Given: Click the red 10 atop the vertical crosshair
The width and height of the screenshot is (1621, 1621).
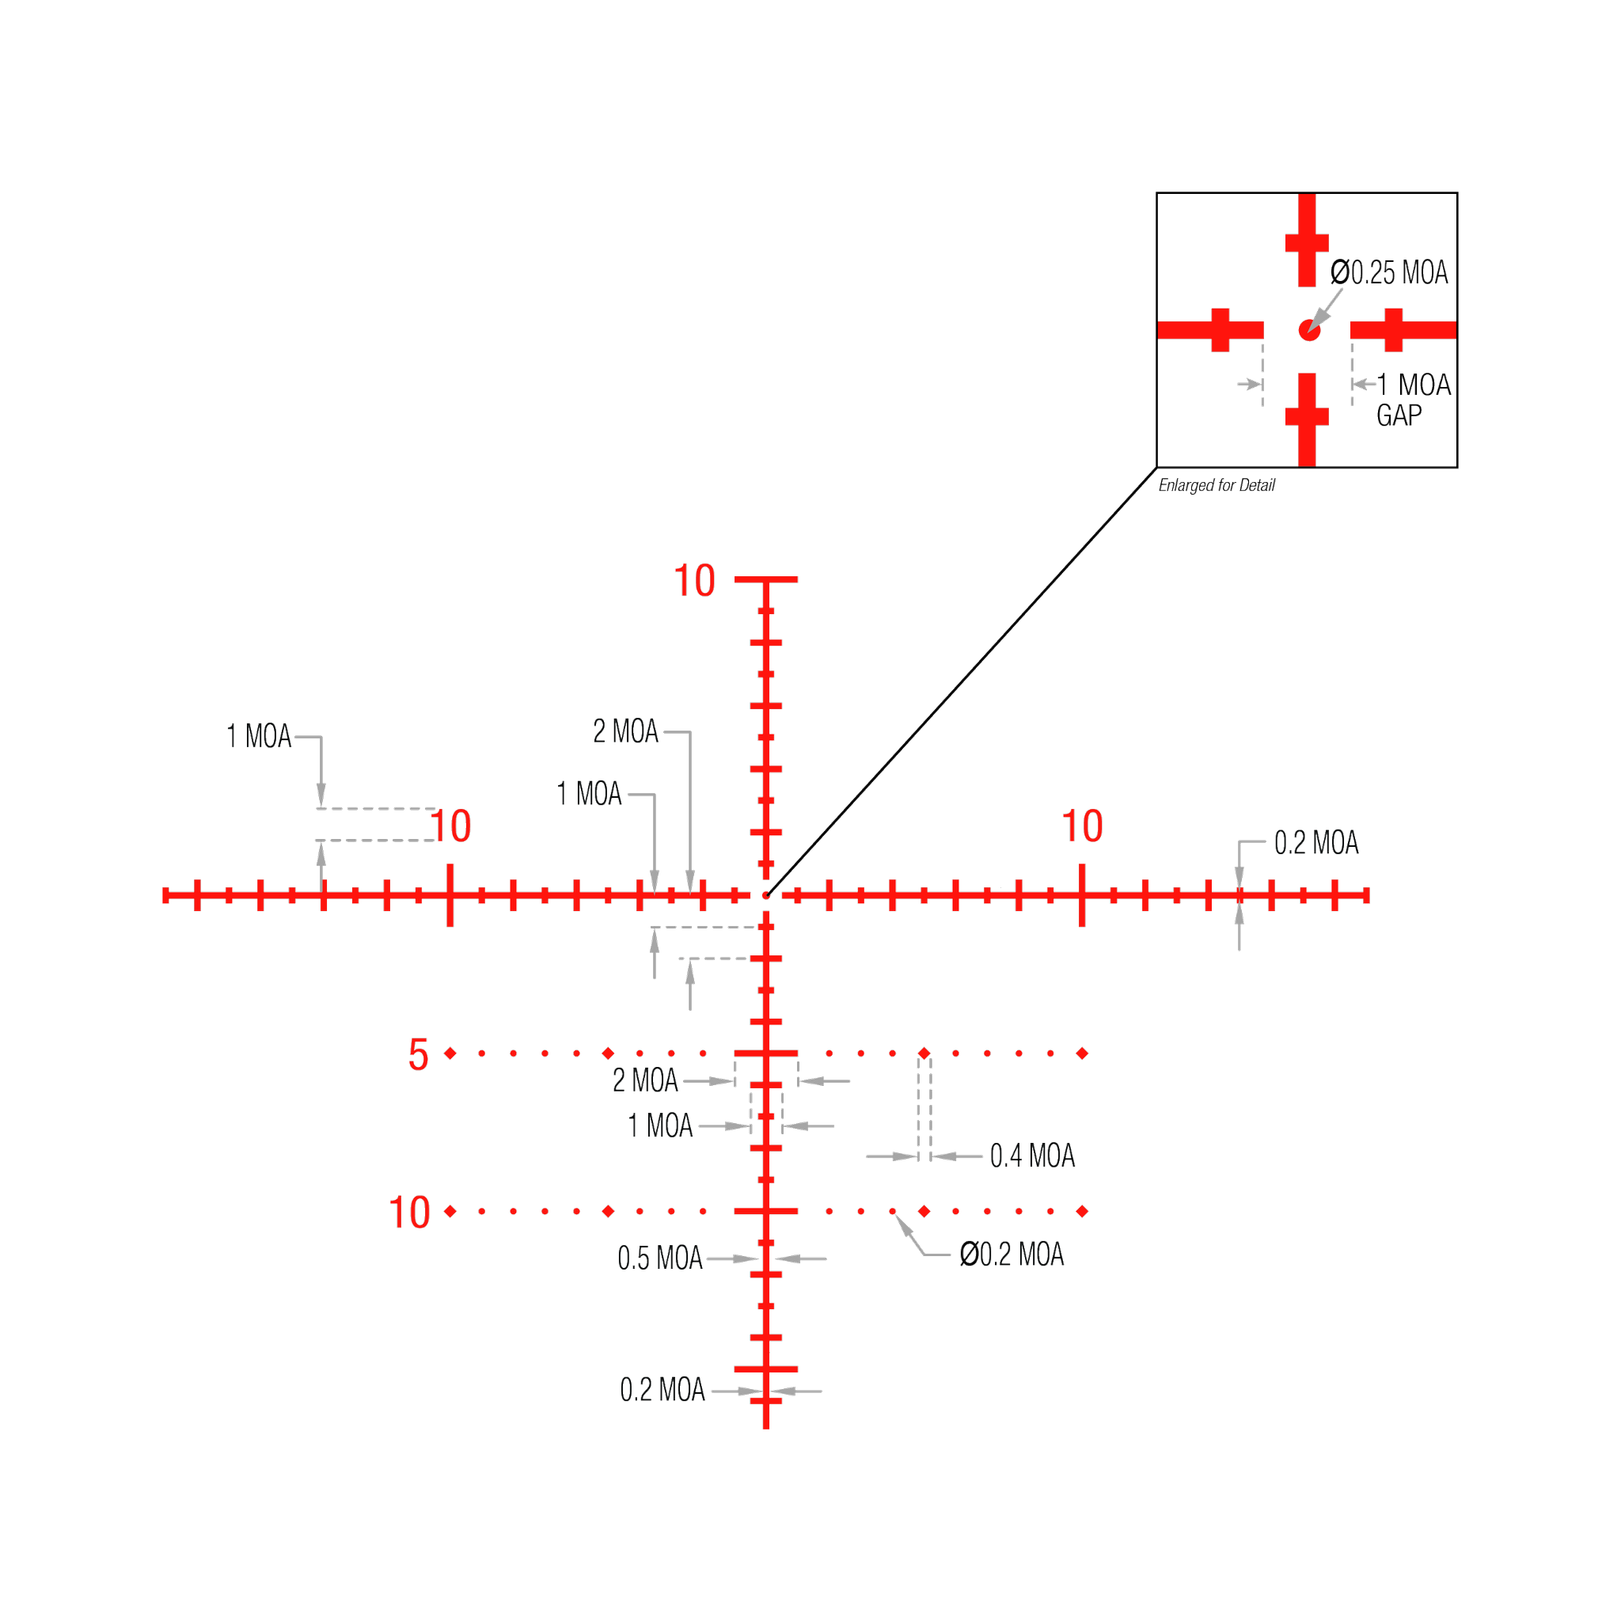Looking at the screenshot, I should [694, 582].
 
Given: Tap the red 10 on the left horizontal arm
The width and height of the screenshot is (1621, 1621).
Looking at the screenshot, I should [451, 826].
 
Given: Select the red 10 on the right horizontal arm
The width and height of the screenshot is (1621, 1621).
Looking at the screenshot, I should [1081, 826].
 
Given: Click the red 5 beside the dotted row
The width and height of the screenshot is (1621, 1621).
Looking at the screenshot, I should [418, 1054].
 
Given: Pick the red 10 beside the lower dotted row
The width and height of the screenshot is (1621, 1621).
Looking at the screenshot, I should [409, 1213].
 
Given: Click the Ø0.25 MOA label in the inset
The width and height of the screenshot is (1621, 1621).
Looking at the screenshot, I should [1389, 273].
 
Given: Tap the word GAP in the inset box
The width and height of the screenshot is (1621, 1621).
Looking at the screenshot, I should [1399, 415].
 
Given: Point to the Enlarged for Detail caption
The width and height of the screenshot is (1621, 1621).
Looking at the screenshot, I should [1216, 485].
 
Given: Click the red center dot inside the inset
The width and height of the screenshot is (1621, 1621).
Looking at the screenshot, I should [1309, 330].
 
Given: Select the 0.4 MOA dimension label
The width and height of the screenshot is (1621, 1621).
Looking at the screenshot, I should [1032, 1156].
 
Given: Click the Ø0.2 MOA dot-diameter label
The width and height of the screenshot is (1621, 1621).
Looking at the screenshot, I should [1012, 1255].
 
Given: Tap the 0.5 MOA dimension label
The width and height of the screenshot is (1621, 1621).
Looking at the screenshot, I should [660, 1258].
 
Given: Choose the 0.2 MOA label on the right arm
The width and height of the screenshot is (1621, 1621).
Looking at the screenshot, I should [1315, 842].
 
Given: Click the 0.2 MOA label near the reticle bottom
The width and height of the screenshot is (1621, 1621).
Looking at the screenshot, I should [662, 1390].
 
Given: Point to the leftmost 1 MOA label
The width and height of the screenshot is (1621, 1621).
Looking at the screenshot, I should [260, 737].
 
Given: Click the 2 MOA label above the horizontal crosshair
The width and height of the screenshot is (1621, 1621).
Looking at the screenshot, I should [626, 731].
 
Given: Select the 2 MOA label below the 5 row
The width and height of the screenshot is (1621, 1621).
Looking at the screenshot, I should [645, 1080].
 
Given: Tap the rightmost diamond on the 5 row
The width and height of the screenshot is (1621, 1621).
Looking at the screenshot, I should [1082, 1053].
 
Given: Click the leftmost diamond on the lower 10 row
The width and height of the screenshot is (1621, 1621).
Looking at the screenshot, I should [450, 1211].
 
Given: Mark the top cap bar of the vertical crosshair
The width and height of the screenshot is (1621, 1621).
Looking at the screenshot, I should [766, 579].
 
